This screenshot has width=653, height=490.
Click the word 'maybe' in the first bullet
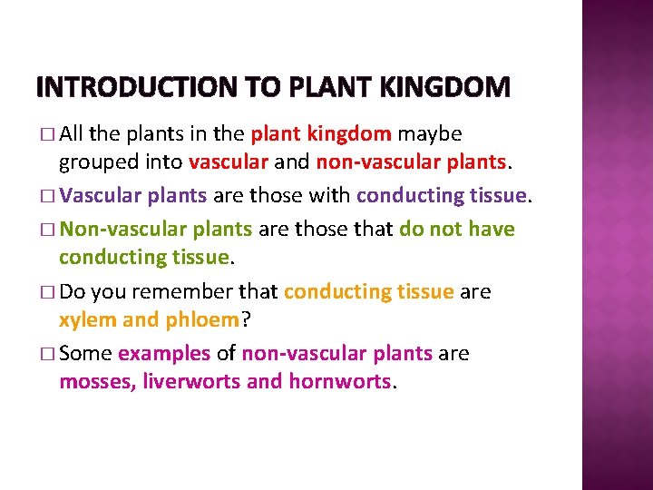tap(430, 134)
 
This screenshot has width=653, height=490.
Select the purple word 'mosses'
tap(96, 381)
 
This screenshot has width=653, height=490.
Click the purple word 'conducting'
tap(405, 195)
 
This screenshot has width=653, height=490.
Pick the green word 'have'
tap(492, 229)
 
